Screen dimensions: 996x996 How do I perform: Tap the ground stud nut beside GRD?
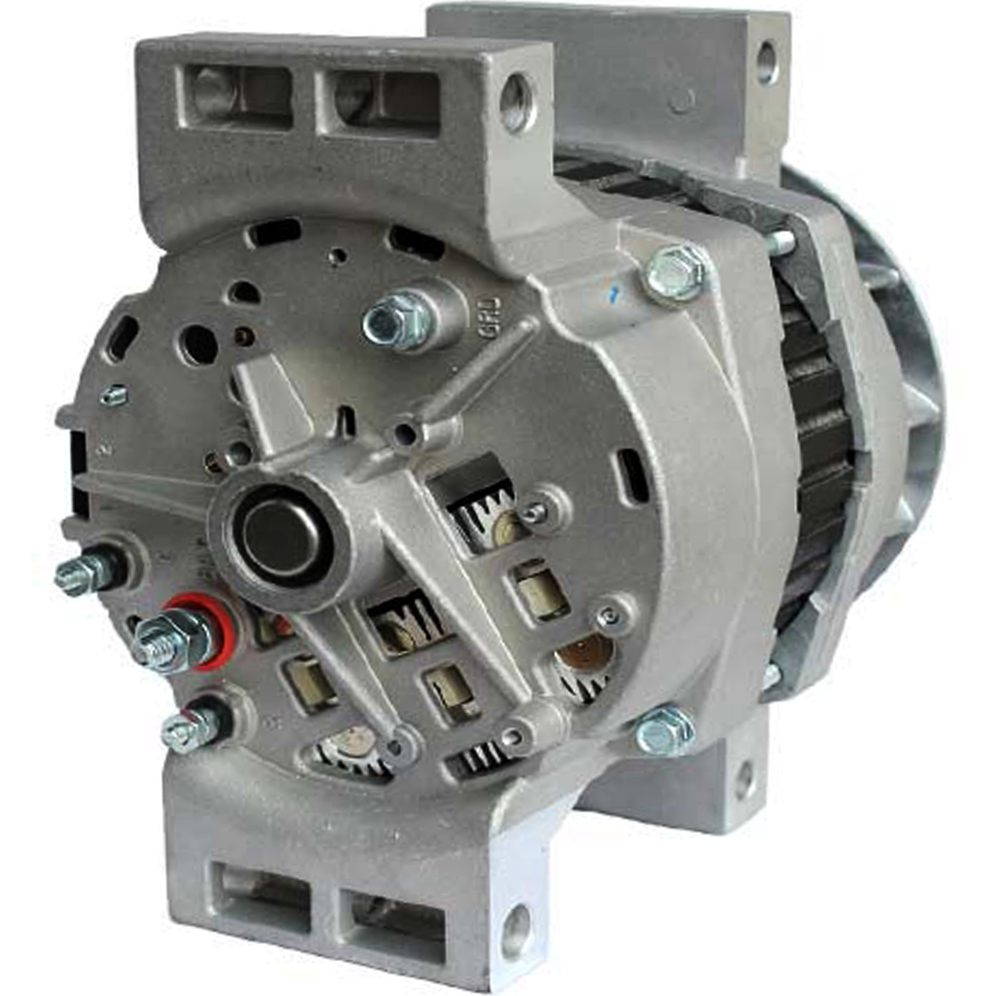point(397,321)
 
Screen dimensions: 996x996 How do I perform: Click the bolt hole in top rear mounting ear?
point(767,60)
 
